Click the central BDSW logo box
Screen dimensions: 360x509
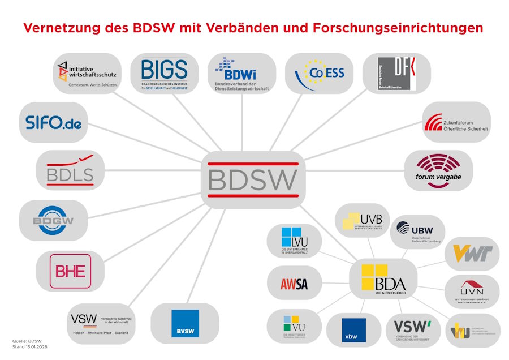point(253,178)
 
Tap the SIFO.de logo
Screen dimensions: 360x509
point(54,122)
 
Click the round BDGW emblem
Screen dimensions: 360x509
point(54,220)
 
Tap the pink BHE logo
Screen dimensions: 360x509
point(70,271)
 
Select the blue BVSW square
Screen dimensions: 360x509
point(185,323)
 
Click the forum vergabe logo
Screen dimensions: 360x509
point(439,170)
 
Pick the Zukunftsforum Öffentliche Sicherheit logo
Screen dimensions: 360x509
point(456,122)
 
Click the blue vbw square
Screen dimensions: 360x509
point(353,330)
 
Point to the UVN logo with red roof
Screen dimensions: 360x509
point(471,291)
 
